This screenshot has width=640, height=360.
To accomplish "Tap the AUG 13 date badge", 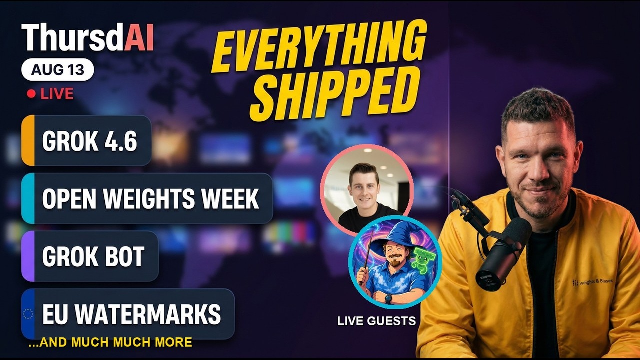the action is [57, 69].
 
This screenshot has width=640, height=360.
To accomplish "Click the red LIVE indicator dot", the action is [31, 94].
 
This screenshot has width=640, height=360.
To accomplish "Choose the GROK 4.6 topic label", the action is [89, 141].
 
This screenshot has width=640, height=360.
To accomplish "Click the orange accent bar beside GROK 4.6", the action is [28, 140].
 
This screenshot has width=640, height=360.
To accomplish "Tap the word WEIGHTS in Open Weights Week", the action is [149, 199].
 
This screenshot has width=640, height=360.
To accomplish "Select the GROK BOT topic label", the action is [93, 256].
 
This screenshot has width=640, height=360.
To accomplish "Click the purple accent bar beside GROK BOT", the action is [28, 256].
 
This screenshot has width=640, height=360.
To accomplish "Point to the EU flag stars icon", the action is [28, 314].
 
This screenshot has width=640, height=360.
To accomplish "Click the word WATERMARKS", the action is [148, 314].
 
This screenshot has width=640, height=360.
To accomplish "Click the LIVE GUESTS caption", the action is [376, 321].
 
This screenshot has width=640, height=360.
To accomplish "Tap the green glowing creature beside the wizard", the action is [422, 259].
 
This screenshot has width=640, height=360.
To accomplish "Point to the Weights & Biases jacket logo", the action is [592, 282].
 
